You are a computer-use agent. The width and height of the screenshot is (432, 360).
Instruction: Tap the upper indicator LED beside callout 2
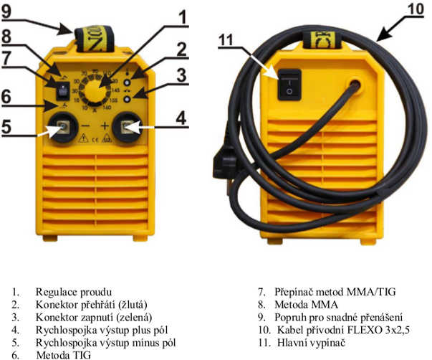point(127,82)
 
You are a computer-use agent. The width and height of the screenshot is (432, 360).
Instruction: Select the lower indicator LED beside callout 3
point(127,99)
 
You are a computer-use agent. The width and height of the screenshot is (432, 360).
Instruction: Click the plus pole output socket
point(127,128)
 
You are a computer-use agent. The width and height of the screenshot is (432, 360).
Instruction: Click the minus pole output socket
point(63,127)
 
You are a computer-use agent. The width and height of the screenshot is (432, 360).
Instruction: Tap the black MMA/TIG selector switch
point(63,91)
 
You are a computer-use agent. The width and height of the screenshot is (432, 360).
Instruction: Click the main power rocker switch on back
point(289,85)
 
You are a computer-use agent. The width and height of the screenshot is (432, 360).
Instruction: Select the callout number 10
point(416,9)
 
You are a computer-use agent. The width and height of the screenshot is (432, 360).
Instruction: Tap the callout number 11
point(226,40)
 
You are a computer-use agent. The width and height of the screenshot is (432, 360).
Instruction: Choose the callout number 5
point(6,127)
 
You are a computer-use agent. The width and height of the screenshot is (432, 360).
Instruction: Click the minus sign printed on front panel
point(86,126)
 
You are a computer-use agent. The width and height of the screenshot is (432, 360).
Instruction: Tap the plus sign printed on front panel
point(105,126)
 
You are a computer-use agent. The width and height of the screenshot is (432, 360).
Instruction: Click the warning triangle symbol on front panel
point(83,138)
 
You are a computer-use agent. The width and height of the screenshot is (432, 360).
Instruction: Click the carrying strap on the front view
point(95,38)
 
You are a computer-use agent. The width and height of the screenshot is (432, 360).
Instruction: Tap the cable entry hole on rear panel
point(355,85)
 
